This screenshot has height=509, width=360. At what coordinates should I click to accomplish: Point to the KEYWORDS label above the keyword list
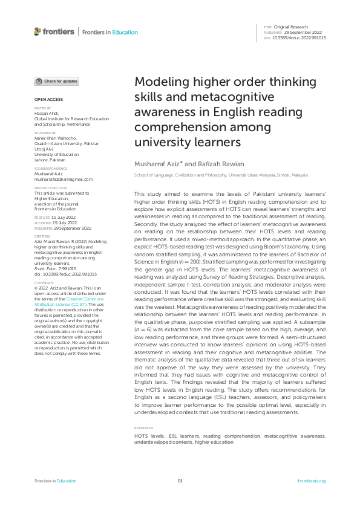[x=143, y=429]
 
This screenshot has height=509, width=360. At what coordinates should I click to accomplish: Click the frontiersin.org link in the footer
[x=312, y=481]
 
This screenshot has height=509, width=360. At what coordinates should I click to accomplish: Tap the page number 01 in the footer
[x=180, y=481]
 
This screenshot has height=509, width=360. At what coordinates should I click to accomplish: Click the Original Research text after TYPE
[x=291, y=27]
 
